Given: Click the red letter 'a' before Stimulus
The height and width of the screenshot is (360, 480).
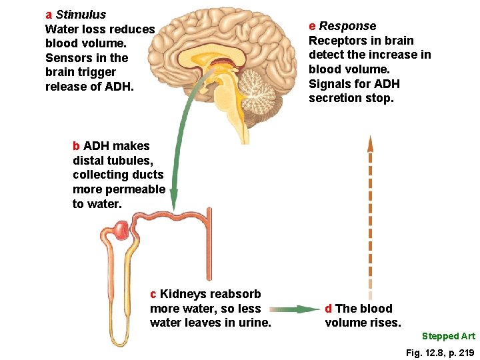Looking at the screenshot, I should [x=49, y=15].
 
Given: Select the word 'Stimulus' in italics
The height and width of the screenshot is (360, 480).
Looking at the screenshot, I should [x=81, y=15].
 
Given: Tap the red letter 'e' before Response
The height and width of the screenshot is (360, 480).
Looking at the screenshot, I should [x=312, y=26].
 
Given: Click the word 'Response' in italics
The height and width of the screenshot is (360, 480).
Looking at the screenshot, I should [x=347, y=26].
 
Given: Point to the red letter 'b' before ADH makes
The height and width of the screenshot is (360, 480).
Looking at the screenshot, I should [x=77, y=146].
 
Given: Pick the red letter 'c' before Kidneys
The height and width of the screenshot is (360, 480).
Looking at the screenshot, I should [x=153, y=294].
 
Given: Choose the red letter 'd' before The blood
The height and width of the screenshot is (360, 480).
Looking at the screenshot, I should [x=329, y=309].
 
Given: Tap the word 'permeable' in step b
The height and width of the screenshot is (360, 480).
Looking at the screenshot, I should [x=138, y=189].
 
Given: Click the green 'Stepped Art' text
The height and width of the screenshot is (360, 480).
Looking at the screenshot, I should [x=449, y=336].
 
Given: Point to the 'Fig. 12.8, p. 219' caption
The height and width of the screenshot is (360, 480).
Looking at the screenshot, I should [x=440, y=352].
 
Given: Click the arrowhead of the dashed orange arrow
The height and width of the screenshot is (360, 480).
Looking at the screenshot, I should [x=371, y=143].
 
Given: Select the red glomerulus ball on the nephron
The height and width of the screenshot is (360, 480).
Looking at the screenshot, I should [x=121, y=231].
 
